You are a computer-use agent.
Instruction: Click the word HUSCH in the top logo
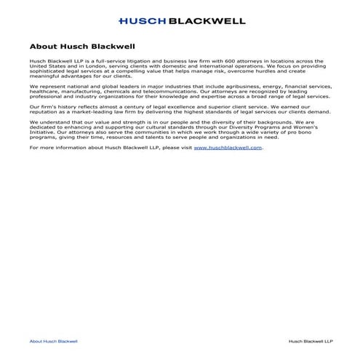143,21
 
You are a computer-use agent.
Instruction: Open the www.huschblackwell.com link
228,148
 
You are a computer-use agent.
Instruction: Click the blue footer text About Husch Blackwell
53,341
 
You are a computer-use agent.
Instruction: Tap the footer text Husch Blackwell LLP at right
311,341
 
